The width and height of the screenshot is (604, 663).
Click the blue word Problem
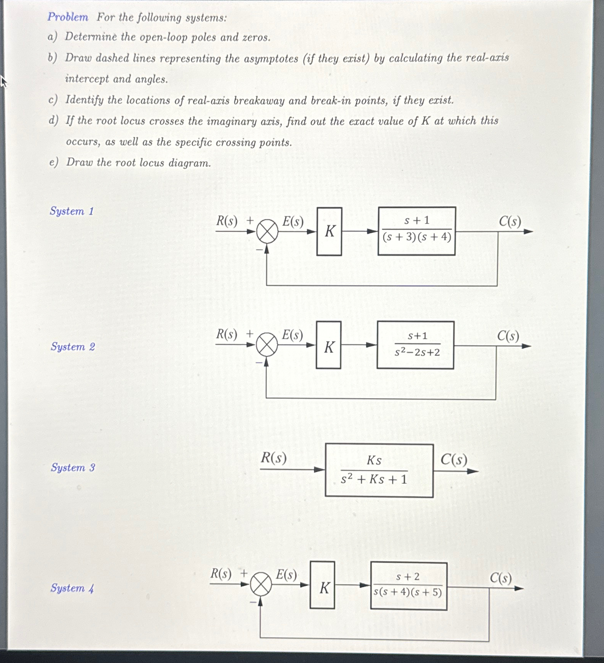[68, 17]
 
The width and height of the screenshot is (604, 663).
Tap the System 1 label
[72, 211]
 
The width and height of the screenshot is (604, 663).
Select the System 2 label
[73, 347]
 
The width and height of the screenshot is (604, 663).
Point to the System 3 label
[73, 468]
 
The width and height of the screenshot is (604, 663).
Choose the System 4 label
[72, 588]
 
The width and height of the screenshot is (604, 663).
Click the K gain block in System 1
[329, 232]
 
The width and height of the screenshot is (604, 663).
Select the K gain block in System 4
[323, 585]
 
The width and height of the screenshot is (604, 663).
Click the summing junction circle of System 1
[267, 232]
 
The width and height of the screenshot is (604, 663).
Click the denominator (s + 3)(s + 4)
[417, 237]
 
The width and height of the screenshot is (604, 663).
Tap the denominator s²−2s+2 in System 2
[417, 352]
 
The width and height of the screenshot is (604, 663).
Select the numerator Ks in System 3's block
[374, 460]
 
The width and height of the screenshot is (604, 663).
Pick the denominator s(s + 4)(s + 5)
[408, 592]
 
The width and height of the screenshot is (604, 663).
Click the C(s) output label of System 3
[453, 459]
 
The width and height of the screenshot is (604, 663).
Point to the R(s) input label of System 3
[274, 458]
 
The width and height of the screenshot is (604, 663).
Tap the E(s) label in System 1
[293, 222]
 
